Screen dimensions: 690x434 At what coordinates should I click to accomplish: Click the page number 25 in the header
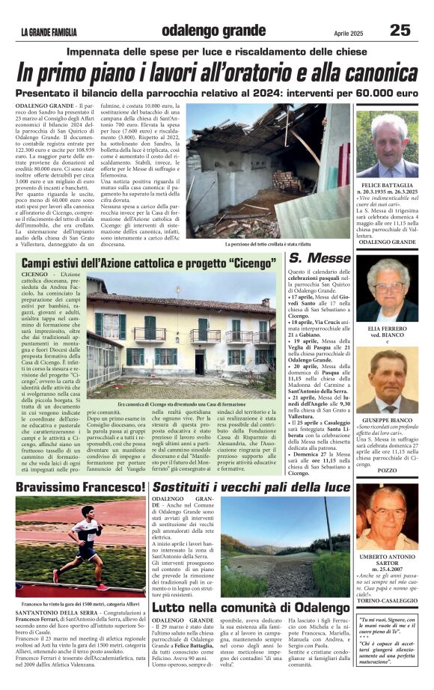pyautogui.click(x=400, y=30)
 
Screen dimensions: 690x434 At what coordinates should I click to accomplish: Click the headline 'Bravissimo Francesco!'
pyautogui.click(x=81, y=488)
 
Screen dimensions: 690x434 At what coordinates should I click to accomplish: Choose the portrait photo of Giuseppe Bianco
pyautogui.click(x=388, y=385)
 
